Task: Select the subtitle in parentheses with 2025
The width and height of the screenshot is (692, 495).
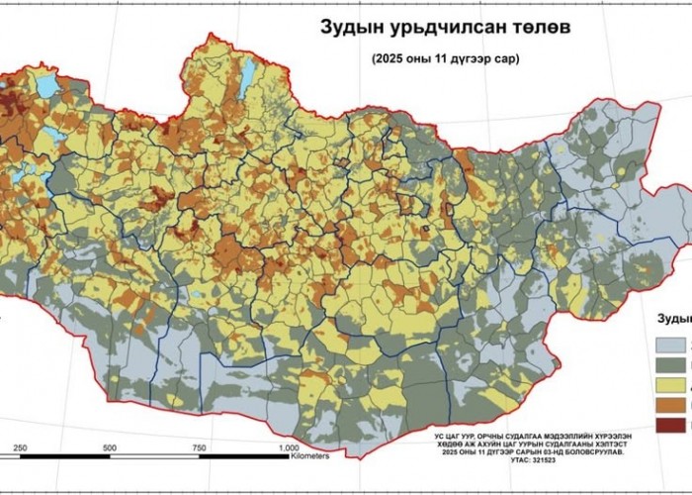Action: [445, 58]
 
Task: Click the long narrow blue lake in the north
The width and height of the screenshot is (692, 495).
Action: [248, 73]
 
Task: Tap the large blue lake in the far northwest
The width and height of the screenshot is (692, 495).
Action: [45, 85]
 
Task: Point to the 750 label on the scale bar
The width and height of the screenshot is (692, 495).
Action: [203, 448]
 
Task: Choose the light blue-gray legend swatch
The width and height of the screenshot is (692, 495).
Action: [674, 345]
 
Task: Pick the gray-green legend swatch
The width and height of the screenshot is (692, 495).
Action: [674, 372]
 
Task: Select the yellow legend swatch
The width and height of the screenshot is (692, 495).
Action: [674, 399]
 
